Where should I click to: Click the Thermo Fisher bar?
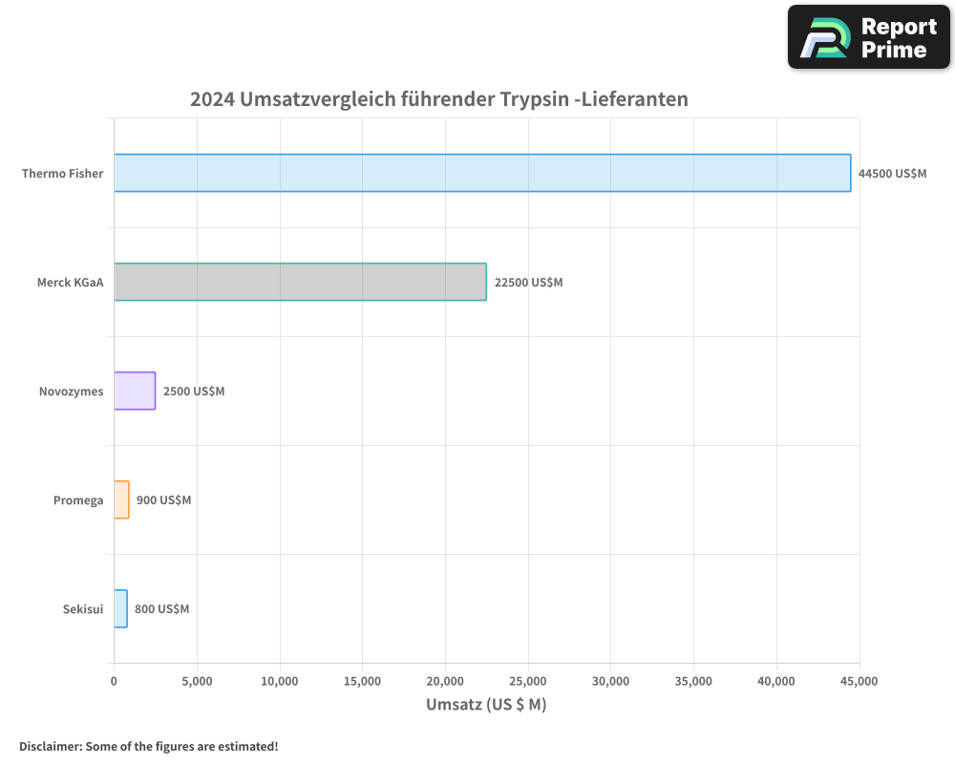click(482, 173)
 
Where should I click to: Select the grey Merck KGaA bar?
click(300, 282)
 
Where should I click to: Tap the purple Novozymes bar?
click(135, 391)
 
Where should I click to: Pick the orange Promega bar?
click(121, 499)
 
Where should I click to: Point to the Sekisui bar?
click(120, 608)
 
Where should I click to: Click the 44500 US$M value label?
click(892, 174)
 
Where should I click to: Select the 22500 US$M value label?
click(528, 283)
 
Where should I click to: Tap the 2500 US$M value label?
click(194, 392)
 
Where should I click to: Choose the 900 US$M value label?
click(163, 500)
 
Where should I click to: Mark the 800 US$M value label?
click(161, 609)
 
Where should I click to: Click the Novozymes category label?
click(71, 392)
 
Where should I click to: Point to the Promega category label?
click(78, 500)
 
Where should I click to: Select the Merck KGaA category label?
click(70, 283)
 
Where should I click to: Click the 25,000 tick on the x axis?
click(528, 681)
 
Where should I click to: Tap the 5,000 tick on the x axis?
click(197, 681)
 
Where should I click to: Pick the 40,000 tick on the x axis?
click(776, 681)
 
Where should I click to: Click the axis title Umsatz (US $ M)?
click(486, 705)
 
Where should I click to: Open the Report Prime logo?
click(869, 37)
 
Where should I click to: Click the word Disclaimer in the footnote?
click(50, 746)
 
